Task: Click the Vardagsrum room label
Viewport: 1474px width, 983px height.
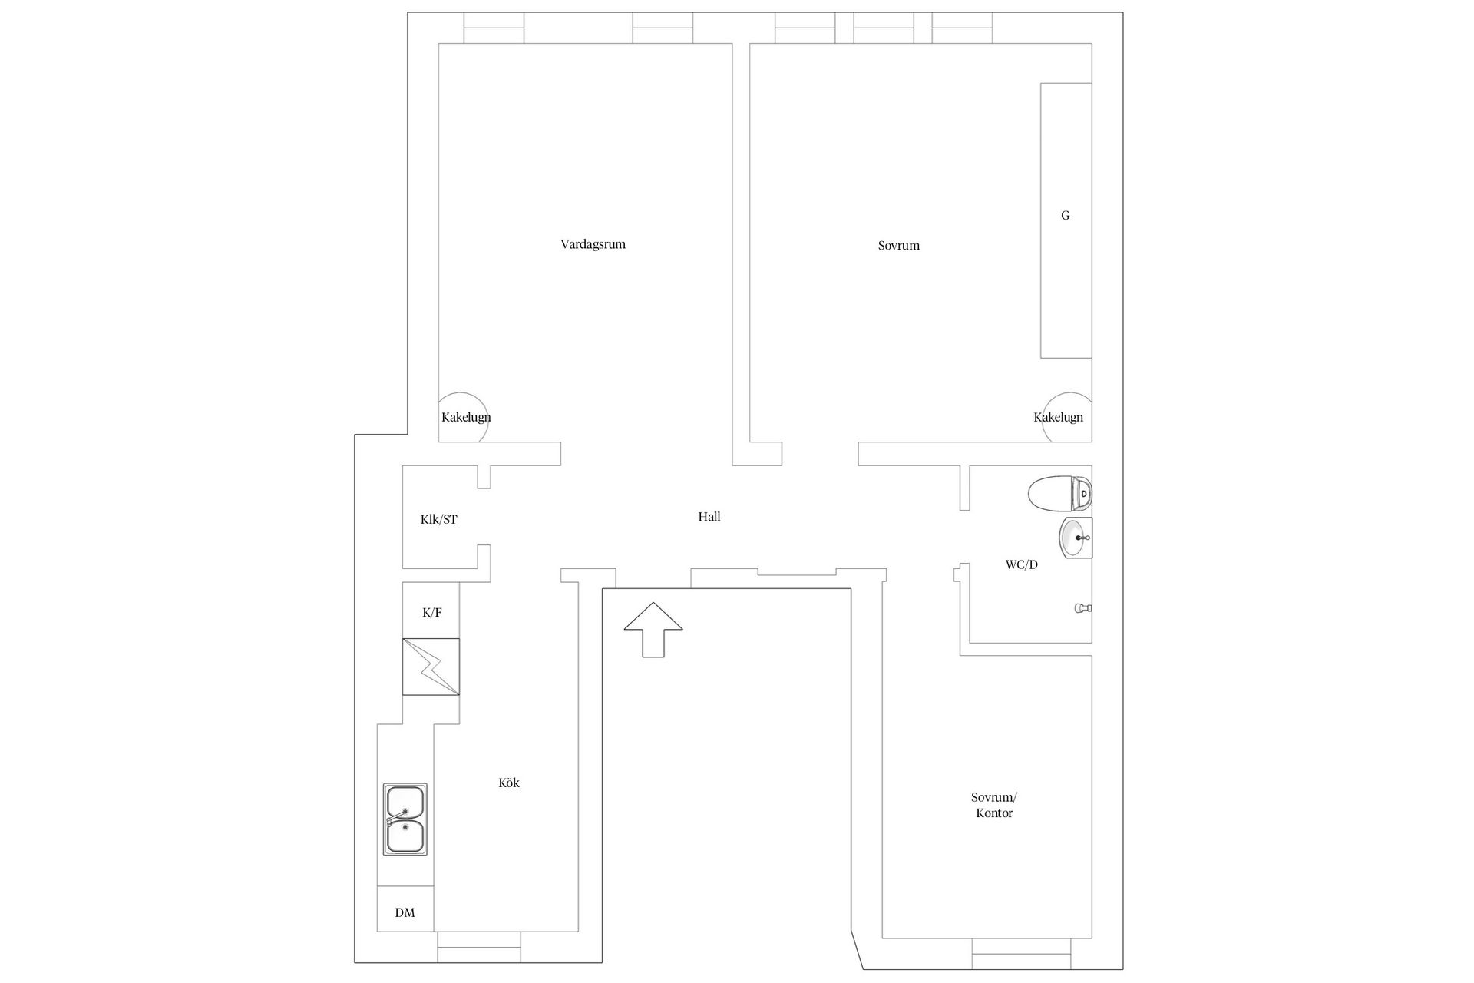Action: pyautogui.click(x=593, y=245)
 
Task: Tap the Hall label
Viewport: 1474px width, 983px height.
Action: pyautogui.click(x=709, y=517)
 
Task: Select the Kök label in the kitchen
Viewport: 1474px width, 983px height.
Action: pyautogui.click(x=509, y=783)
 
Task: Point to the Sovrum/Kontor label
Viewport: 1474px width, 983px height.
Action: pyautogui.click(x=994, y=805)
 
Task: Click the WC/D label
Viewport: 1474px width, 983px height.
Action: pyautogui.click(x=1022, y=565)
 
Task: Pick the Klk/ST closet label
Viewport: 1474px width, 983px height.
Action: pyautogui.click(x=438, y=520)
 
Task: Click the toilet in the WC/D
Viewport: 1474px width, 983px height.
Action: pyautogui.click(x=1059, y=493)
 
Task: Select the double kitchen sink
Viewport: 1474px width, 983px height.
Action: pyautogui.click(x=405, y=819)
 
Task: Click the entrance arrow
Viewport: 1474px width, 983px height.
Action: pyautogui.click(x=653, y=630)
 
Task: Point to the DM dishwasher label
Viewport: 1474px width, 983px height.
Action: pyautogui.click(x=405, y=913)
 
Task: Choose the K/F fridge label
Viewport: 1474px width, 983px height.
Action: pyautogui.click(x=432, y=613)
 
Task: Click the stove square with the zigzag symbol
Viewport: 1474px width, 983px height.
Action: pyautogui.click(x=431, y=667)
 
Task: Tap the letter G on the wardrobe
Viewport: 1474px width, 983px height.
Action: pyautogui.click(x=1065, y=216)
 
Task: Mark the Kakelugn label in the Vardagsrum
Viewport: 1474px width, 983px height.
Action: pyautogui.click(x=466, y=418)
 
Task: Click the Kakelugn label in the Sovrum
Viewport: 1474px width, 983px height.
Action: pyautogui.click(x=1058, y=418)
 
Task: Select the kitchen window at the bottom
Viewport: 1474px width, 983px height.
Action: pyautogui.click(x=479, y=947)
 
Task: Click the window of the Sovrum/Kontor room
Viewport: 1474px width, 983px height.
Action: pyautogui.click(x=1022, y=954)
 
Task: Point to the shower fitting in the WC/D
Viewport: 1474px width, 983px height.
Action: pyautogui.click(x=1082, y=608)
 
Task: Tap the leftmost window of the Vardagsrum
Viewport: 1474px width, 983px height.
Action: pyautogui.click(x=494, y=28)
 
